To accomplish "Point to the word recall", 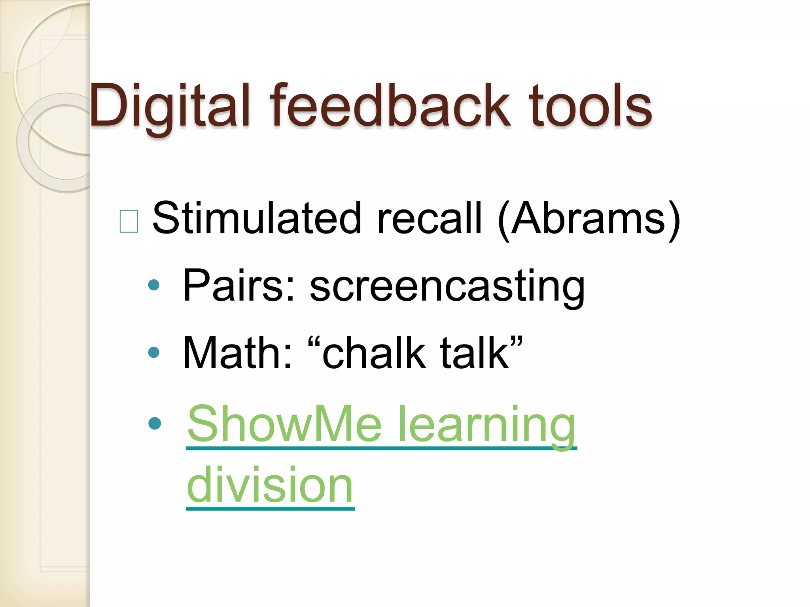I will click(x=430, y=218).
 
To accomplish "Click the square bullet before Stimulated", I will click(x=129, y=221).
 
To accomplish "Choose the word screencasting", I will click(x=447, y=288).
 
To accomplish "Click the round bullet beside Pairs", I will click(x=153, y=285).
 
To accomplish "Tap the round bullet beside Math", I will click(x=153, y=352).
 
